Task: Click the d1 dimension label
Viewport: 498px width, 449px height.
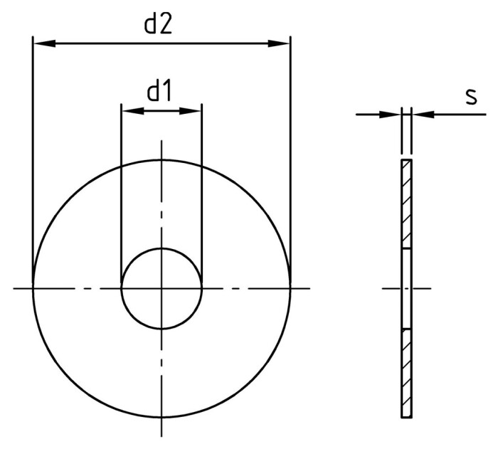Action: pyautogui.click(x=161, y=92)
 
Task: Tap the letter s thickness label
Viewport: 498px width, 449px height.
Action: pyautogui.click(x=471, y=96)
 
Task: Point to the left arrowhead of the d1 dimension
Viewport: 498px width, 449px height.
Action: pyautogui.click(x=130, y=110)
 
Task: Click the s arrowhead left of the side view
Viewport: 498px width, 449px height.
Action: pyautogui.click(x=393, y=114)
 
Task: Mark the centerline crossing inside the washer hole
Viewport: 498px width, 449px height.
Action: pyautogui.click(x=161, y=288)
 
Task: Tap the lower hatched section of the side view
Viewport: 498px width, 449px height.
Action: pyautogui.click(x=406, y=373)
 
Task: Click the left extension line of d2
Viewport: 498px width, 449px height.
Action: pyautogui.click(x=33, y=157)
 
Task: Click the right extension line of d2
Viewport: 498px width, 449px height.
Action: pyautogui.click(x=290, y=157)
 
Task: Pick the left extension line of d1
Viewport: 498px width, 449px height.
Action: pyautogui.click(x=122, y=192)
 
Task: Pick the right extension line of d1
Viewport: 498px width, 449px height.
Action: pyautogui.click(x=202, y=192)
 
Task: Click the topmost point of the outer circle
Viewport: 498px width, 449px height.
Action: pyautogui.click(x=161, y=159)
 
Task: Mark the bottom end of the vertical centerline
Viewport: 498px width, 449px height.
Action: pyautogui.click(x=161, y=435)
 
